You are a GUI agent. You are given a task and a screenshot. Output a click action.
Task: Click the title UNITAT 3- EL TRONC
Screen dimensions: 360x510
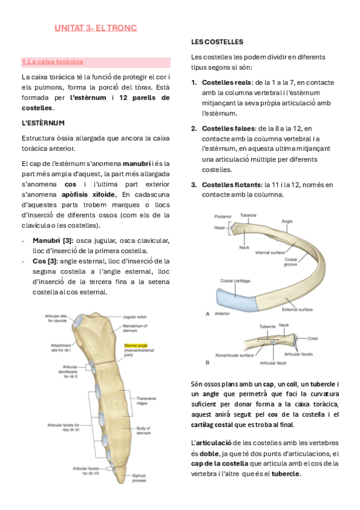click(96, 28)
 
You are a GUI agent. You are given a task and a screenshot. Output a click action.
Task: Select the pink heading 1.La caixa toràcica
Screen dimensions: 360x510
click(52, 62)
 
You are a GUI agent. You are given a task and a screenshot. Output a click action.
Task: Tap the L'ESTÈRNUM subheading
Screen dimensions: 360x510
click(43, 123)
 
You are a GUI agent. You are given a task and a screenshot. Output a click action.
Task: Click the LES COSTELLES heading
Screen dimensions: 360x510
click(217, 42)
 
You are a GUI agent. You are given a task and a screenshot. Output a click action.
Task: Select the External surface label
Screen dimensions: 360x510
click(297, 310)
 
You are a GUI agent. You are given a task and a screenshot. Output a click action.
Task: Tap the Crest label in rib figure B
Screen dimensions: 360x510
click(313, 339)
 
